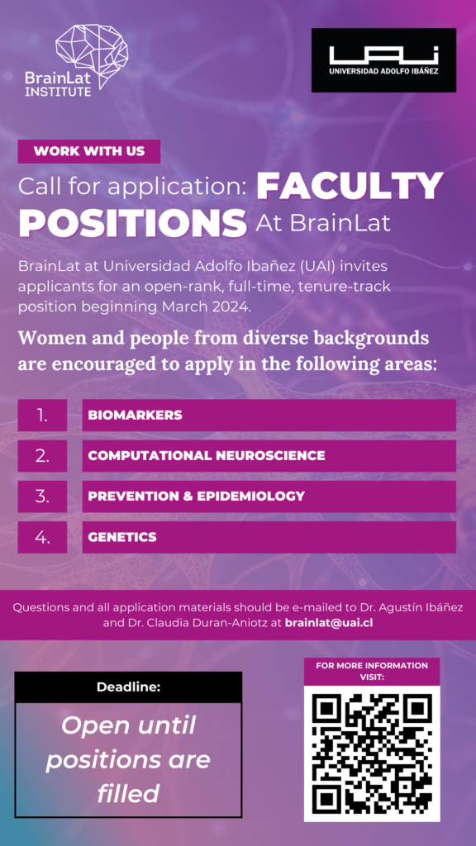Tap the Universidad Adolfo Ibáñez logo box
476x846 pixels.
(383, 60)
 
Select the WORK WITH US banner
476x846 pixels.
(89, 151)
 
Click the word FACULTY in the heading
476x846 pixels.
(350, 187)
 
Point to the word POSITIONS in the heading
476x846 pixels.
(133, 222)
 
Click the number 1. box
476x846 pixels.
(42, 415)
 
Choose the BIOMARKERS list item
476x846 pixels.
(269, 415)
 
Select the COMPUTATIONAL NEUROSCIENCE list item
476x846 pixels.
(269, 455)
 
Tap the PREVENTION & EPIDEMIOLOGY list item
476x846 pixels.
(269, 497)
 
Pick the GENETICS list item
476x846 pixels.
(269, 537)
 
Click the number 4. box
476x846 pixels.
(42, 537)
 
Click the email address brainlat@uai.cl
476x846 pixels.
(328, 623)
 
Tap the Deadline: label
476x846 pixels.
(128, 687)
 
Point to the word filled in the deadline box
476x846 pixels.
(128, 793)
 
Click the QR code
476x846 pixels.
(372, 752)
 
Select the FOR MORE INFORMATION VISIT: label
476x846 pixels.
(372, 671)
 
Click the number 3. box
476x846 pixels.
(42, 497)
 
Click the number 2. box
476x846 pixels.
(42, 455)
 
